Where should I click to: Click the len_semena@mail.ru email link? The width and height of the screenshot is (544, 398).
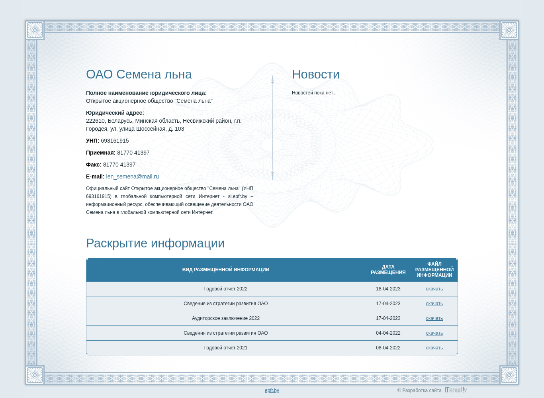coord(132,176)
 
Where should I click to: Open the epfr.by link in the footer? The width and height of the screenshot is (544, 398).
coord(272,390)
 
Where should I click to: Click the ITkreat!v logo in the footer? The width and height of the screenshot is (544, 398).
coord(456,390)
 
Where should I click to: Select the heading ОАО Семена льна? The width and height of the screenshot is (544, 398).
coord(139,75)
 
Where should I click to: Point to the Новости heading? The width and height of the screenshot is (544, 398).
coord(315,75)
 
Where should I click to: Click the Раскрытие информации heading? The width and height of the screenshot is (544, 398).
coord(155,243)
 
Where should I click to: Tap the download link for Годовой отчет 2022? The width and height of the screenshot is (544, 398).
coord(434,289)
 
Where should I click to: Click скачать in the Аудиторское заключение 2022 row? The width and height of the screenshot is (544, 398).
coord(434,318)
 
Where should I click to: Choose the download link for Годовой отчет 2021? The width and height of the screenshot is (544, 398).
coord(434,348)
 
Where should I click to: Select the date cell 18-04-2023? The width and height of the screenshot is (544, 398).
coord(388,289)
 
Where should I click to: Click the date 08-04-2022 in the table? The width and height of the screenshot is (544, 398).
coord(388,348)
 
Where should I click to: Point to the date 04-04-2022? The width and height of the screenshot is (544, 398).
coord(388,333)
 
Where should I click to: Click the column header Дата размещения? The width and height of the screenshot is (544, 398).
coord(388,269)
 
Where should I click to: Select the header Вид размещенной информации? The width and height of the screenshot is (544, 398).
coord(226,269)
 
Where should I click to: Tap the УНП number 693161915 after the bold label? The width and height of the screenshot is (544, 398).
coord(115,141)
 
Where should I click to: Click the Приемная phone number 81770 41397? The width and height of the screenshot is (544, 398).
coord(133,153)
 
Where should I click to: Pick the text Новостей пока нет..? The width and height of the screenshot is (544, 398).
coord(314,93)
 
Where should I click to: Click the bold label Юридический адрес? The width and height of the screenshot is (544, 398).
coord(115,113)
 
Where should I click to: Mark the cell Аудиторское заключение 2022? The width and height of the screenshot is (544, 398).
coord(226,318)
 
